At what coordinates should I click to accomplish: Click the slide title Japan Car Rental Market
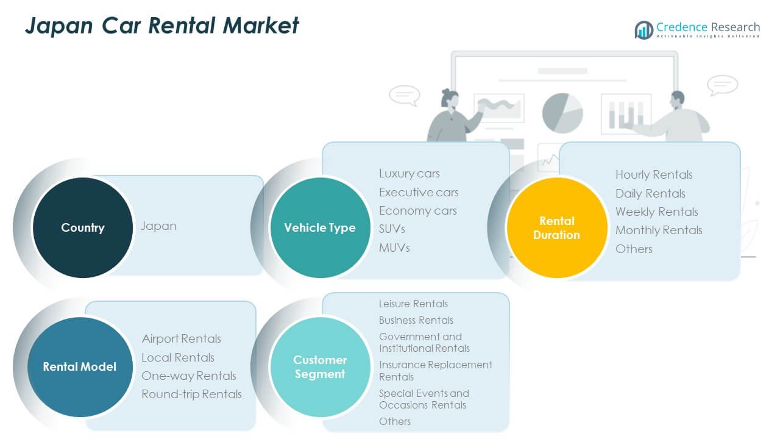pos(162,26)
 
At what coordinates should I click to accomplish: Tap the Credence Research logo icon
pos(643,29)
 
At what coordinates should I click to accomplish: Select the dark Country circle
pos(83,227)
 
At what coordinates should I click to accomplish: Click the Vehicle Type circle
pos(320,227)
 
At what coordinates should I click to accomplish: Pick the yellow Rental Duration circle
pos(556,227)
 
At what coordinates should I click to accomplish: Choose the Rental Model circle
pos(79,366)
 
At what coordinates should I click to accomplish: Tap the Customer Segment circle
pos(320,366)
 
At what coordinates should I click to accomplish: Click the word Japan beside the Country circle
pos(159,226)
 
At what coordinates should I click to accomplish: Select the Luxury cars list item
pos(409,174)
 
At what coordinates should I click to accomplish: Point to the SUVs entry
pos(392,229)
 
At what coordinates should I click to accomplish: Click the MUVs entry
pos(394,248)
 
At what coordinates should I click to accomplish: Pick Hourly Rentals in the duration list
pos(654,174)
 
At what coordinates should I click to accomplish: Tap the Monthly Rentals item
pos(659,230)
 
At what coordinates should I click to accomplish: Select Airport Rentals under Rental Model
pos(182,338)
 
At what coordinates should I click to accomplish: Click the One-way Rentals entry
pos(189,376)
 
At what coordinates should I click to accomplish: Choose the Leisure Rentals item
pos(413,304)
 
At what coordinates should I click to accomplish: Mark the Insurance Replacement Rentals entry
pos(435,371)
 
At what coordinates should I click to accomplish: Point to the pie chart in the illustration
pos(562,113)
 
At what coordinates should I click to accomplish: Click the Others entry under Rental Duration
pos(634,249)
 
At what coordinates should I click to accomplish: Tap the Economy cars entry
pos(418,210)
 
